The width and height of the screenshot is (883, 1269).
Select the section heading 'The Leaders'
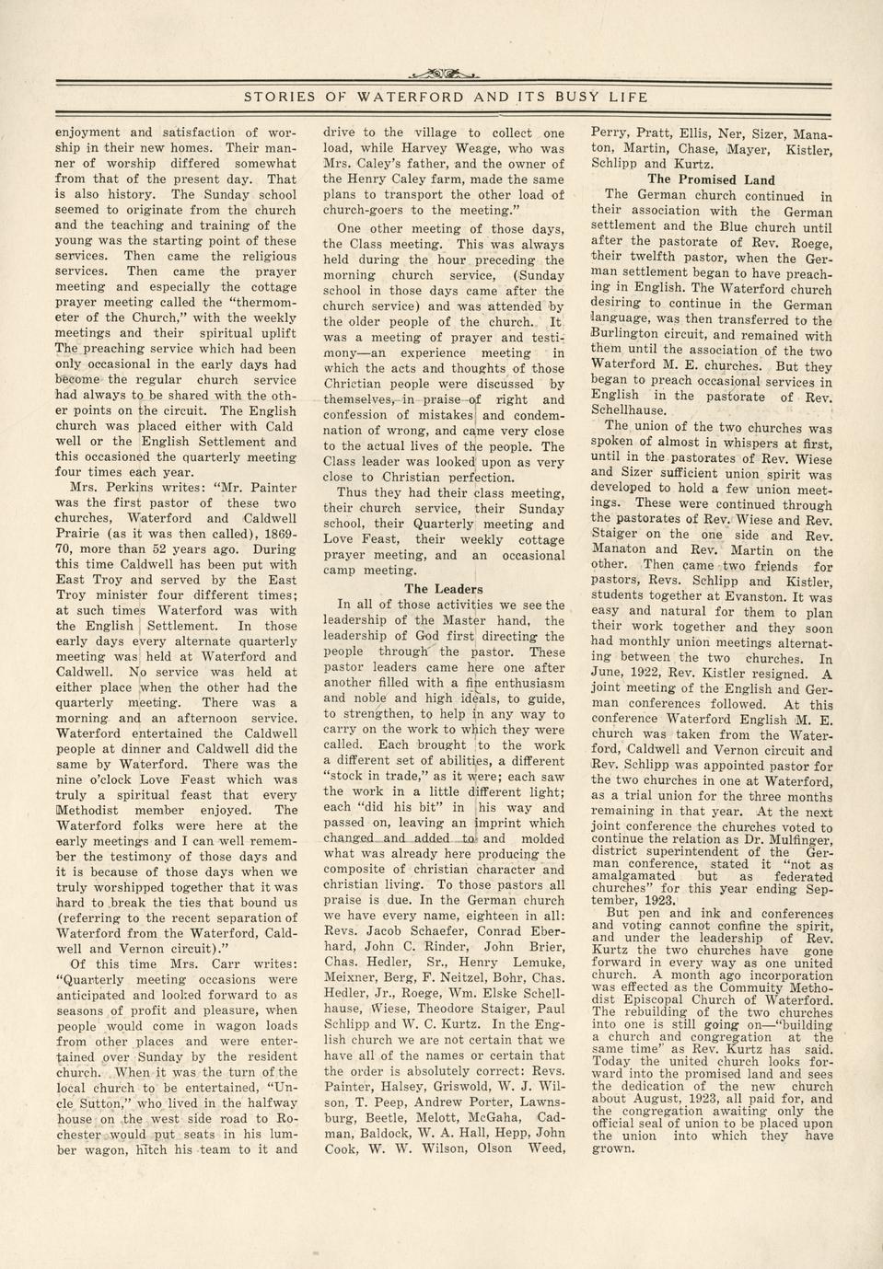point(443,589)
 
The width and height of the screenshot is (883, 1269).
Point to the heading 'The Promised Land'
point(711,180)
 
